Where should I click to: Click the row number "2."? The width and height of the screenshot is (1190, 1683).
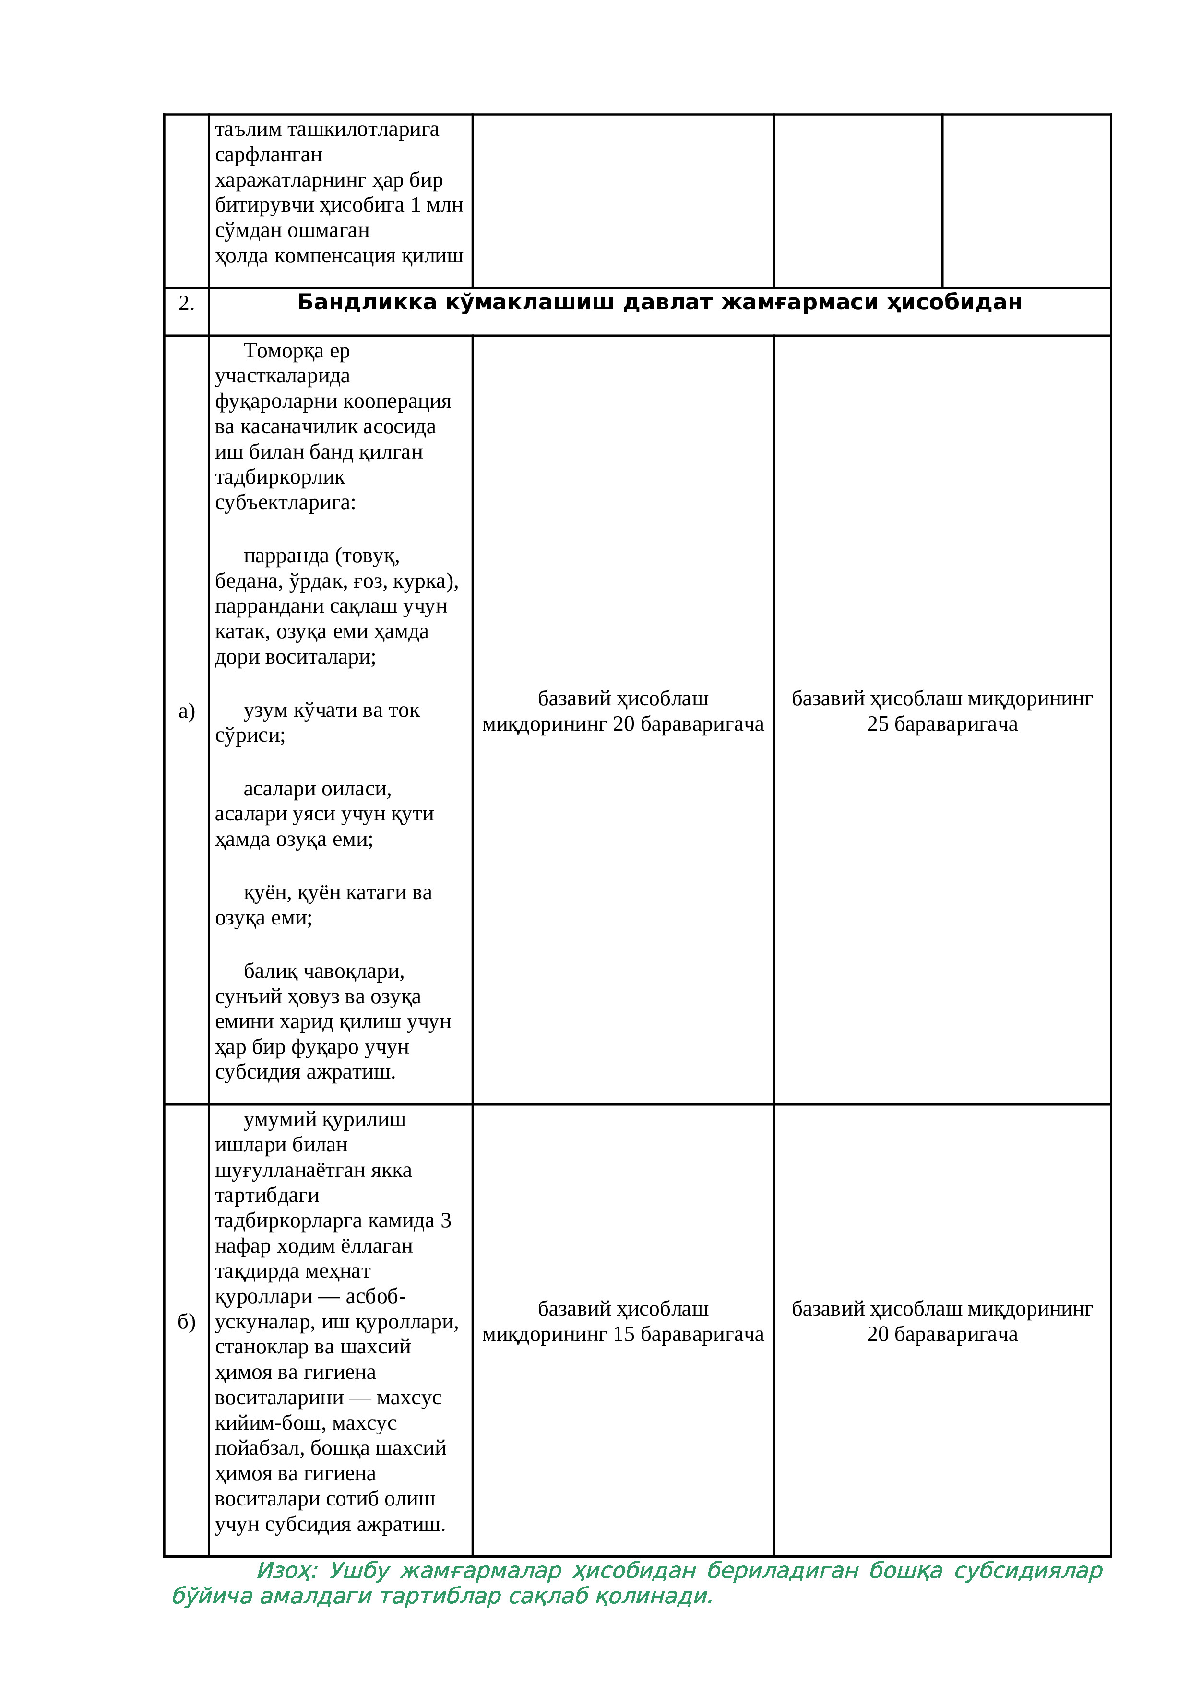pyautogui.click(x=186, y=304)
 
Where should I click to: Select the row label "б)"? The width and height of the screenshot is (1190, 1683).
pyautogui.click(x=186, y=1322)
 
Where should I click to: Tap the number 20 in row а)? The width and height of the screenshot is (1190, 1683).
pyautogui.click(x=623, y=724)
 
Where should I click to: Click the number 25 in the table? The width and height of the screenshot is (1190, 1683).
pyautogui.click(x=878, y=724)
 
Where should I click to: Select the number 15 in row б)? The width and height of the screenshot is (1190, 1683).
pyautogui.click(x=623, y=1334)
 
